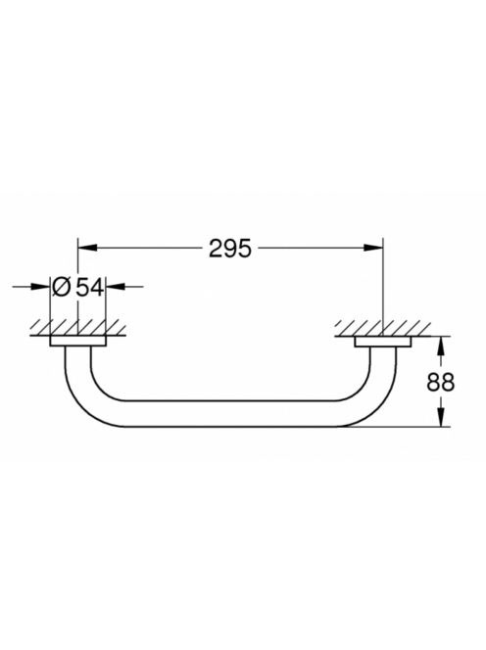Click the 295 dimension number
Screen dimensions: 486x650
point(230,249)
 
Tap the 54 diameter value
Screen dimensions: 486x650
point(89,287)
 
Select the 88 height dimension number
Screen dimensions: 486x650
point(440,382)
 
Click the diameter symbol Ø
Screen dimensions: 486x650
point(62,287)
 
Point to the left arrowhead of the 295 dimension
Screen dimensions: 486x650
point(87,248)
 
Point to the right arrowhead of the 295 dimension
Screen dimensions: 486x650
point(373,248)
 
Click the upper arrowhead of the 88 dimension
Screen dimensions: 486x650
point(441,346)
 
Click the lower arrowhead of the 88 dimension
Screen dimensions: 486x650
point(441,417)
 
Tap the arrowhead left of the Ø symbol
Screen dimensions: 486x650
point(41,286)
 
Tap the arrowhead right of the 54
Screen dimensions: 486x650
point(115,286)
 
